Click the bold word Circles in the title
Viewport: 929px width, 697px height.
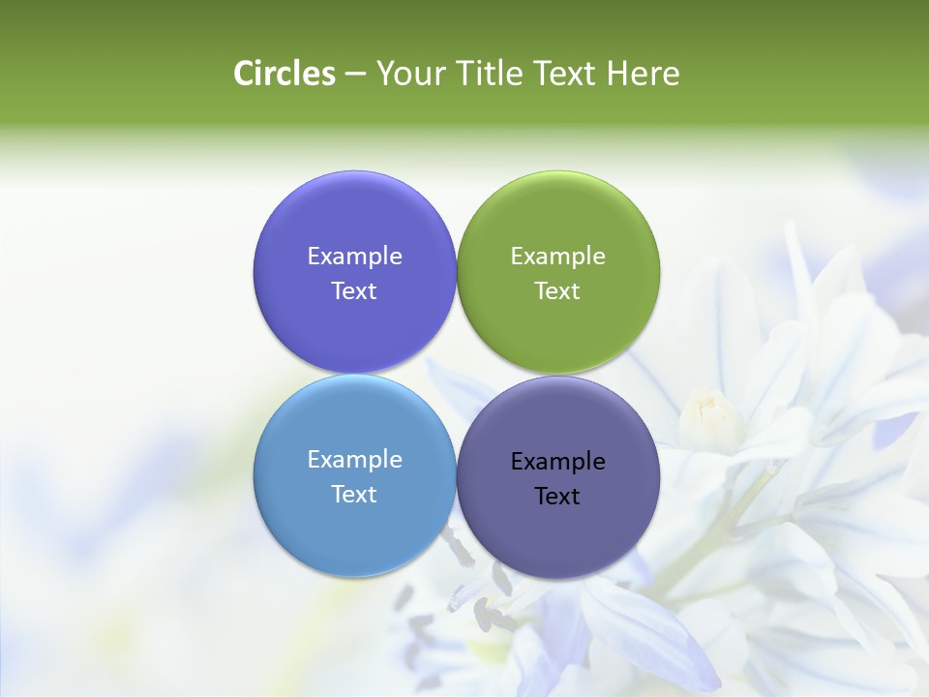285,74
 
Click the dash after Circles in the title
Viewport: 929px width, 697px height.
355,75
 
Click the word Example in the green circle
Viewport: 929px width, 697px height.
557,257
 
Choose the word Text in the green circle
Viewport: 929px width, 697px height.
557,291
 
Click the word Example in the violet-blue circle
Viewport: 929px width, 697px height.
354,257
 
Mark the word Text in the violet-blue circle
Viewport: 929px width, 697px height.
354,291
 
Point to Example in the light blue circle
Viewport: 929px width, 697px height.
354,460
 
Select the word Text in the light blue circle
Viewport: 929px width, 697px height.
354,495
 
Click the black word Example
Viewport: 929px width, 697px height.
557,462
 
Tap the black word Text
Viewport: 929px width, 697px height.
557,497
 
